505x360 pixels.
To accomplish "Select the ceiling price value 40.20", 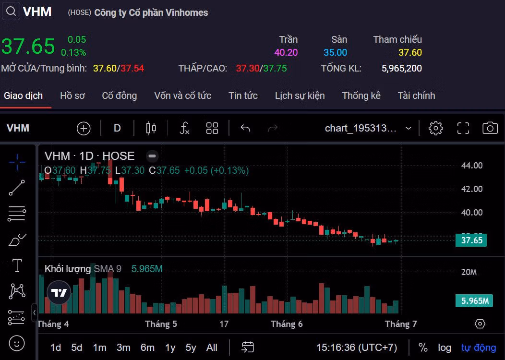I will coord(286,53).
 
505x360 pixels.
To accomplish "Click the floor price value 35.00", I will coord(335,53).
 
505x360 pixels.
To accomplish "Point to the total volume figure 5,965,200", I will coord(402,68).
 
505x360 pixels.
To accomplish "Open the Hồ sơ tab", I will coord(72,96).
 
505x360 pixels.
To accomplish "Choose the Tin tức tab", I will coord(243,96).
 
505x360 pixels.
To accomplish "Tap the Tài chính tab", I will coord(416,96).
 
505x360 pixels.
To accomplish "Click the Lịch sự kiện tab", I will coord(300,96).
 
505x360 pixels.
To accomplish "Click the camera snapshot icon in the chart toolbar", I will coord(490,128).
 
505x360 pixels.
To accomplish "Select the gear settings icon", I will coord(435,128).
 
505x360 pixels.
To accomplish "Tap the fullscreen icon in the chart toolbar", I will coord(463,128).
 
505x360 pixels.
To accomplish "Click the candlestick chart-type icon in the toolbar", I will coord(151,128).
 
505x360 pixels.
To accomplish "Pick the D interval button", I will coord(117,128).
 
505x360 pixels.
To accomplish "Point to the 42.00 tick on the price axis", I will coord(472,189).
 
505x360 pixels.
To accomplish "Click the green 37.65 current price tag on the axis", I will coord(471,240).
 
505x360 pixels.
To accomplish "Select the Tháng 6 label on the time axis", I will coord(287,324).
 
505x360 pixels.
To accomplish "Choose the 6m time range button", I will coord(147,348).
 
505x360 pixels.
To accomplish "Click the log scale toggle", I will coord(445,348).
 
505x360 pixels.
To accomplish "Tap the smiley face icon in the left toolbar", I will coord(17,343).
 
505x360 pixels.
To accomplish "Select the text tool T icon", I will coord(17,265).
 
